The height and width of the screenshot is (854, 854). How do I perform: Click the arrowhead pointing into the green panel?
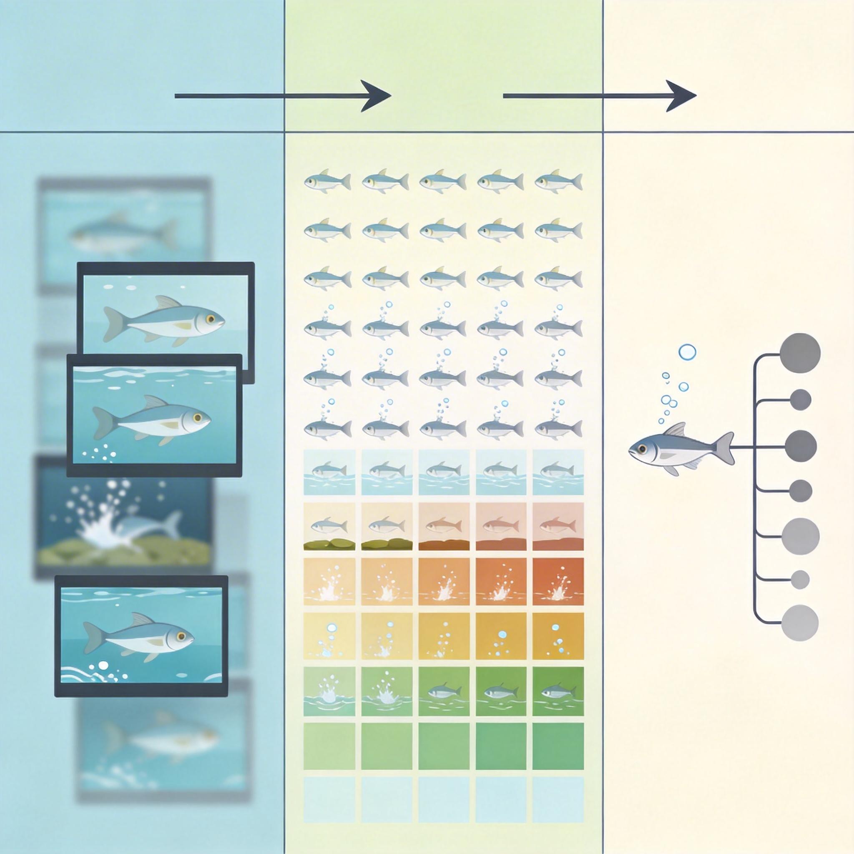coord(378,96)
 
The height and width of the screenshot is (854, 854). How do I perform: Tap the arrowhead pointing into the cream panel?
coord(683,96)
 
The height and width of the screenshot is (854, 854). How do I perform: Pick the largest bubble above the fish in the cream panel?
coord(687,352)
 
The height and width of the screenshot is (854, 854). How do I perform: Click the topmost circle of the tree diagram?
coord(801,353)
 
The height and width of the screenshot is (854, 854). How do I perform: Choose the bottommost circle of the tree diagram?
coord(800,623)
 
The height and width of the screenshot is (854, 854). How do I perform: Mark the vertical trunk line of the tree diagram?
coord(754,491)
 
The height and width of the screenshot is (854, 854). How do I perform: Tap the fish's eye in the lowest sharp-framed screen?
coord(180,635)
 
